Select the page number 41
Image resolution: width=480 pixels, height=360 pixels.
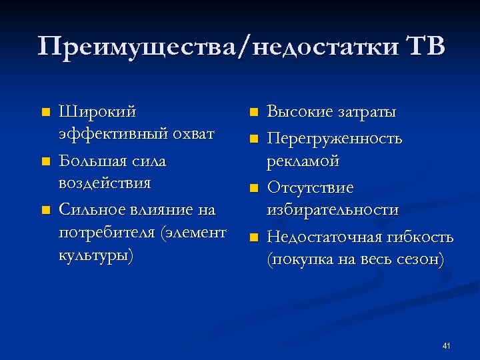coord(447,346)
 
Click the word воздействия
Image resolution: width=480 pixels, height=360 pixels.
coord(105,183)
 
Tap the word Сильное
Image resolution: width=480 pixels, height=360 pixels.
coord(93,211)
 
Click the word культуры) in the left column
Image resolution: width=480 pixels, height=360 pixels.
coord(96,257)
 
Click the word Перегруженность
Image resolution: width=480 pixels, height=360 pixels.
coord(335,139)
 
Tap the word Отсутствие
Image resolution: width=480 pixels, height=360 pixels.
coord(310,189)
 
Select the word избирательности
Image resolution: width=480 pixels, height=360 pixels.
coord(333,211)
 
